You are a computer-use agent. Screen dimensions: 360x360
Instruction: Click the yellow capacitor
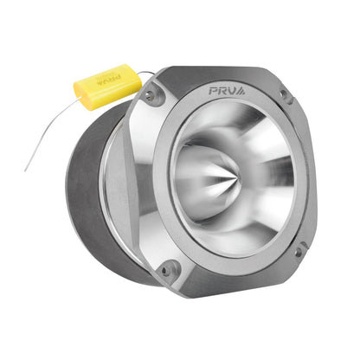pos(106,86)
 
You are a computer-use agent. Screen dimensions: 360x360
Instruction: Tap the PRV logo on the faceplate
pos(227,90)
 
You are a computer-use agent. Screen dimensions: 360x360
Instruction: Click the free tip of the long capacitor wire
pos(25,169)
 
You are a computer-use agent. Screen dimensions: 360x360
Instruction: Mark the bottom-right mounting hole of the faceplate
pos(299,252)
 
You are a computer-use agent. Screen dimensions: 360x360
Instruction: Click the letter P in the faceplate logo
pos(214,90)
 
